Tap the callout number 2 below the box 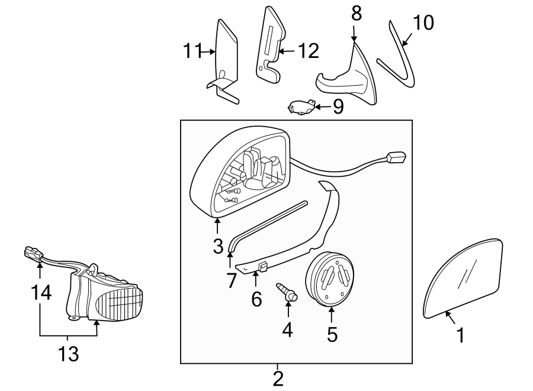coord(277,377)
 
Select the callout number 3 coord(218,244)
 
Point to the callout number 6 coord(256,299)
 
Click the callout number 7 coord(230,279)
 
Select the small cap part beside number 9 coord(301,107)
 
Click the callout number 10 coord(423,22)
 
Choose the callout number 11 coord(192,51)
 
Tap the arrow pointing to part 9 coord(322,107)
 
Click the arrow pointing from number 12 coord(285,51)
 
